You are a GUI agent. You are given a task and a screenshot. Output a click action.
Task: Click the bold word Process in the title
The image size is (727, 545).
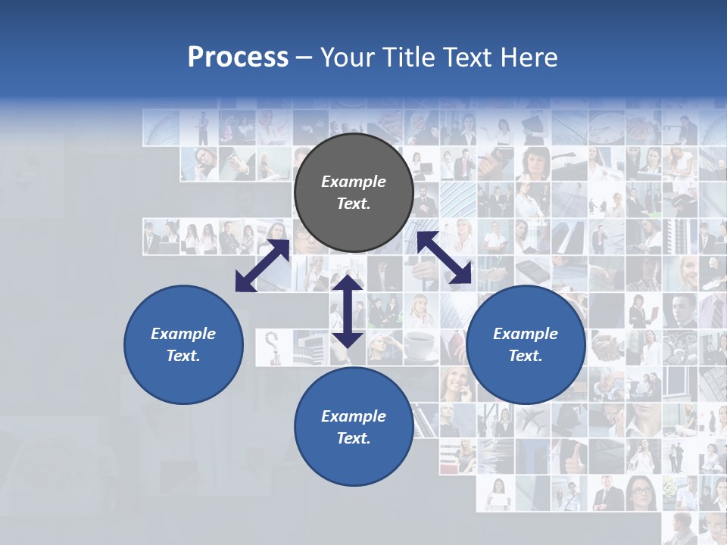[238, 58]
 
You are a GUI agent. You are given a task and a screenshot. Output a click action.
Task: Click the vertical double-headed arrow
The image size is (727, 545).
[348, 310]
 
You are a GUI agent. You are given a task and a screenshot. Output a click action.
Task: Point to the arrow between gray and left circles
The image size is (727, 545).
[262, 266]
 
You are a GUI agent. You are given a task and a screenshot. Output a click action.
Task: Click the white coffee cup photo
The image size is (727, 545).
[421, 346]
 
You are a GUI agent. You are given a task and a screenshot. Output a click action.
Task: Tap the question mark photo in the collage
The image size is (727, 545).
[273, 346]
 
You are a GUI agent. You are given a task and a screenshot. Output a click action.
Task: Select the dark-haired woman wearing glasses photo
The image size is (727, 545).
[643, 492]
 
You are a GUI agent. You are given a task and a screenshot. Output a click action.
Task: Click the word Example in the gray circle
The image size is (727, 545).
[354, 182]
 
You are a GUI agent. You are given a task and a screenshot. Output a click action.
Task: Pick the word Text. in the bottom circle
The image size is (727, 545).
[354, 438]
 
